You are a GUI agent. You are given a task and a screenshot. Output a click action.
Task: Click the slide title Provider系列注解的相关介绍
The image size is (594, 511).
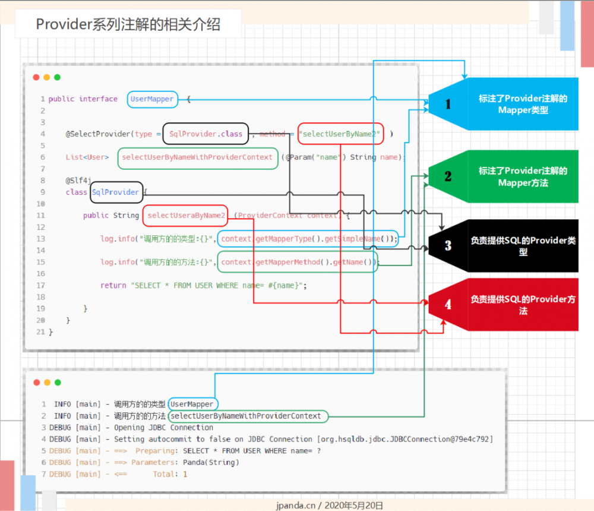point(128,24)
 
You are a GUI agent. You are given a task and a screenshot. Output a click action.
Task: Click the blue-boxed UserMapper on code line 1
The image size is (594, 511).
point(152,99)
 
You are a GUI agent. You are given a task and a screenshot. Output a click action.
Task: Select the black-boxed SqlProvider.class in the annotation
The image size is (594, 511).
point(206,134)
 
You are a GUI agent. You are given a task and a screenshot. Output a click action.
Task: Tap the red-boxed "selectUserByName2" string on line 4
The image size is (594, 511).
point(340,134)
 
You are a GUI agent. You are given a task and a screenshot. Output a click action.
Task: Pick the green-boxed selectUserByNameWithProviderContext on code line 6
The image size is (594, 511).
point(197,157)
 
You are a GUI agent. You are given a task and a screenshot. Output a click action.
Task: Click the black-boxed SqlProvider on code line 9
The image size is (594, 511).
point(116,192)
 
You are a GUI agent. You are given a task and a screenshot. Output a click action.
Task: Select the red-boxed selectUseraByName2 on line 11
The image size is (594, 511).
point(186,215)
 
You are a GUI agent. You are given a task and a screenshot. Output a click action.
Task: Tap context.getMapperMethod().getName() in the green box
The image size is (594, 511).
point(298,262)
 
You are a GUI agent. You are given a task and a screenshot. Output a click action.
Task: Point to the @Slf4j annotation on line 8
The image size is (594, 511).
point(78,180)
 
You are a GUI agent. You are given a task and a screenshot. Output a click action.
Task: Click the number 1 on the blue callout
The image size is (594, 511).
point(448,105)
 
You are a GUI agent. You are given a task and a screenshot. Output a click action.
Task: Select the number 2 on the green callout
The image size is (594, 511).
point(448,176)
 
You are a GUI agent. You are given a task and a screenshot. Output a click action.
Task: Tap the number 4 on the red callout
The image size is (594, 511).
point(448,304)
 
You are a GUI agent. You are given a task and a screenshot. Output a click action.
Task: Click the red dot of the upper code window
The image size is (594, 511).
point(36,77)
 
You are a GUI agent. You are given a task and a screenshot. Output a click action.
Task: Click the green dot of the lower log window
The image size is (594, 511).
point(57,383)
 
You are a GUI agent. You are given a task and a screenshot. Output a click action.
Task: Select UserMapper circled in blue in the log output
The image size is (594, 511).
point(191,404)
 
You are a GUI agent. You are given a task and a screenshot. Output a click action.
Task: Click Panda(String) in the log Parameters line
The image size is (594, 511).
point(203,462)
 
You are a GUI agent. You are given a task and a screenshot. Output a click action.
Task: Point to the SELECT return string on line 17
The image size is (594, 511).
point(219,285)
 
